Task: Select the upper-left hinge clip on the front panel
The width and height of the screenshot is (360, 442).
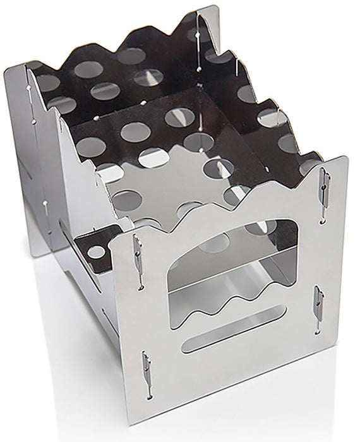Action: (136, 250)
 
